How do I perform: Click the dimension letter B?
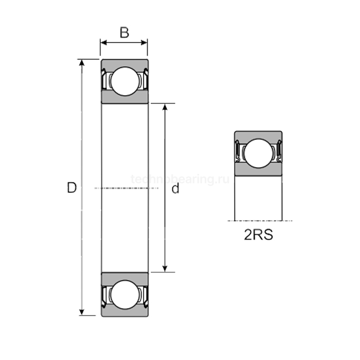point(124,33)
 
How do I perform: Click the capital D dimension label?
point(71,188)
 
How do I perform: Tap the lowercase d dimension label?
point(176,189)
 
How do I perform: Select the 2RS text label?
point(258,236)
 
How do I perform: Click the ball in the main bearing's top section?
point(124,81)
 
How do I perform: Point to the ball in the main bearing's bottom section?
point(124,295)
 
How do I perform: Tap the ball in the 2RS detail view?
point(258,153)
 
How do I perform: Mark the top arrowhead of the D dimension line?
point(81,62)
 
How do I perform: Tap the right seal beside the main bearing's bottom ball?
point(145,295)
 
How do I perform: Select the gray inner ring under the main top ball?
point(124,99)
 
